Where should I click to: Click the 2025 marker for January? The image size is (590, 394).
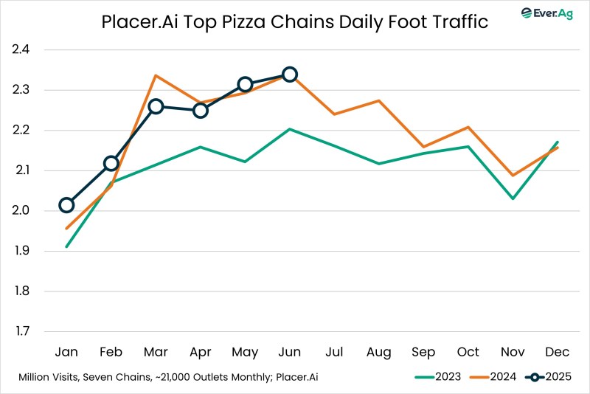point(66,205)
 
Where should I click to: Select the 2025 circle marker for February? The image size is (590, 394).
point(111,163)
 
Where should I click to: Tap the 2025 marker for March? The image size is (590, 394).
point(156,106)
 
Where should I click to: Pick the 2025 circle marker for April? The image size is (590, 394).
point(201,111)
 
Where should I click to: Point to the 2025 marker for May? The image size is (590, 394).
point(245,84)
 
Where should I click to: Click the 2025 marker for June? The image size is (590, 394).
point(290,75)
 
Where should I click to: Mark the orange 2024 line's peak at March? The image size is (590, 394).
point(156,75)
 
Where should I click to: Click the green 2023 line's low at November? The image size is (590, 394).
point(513,198)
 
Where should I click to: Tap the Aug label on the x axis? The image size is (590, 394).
point(379,352)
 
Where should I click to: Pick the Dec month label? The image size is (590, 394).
point(557,352)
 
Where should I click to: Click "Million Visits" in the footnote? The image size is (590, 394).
point(52,377)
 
